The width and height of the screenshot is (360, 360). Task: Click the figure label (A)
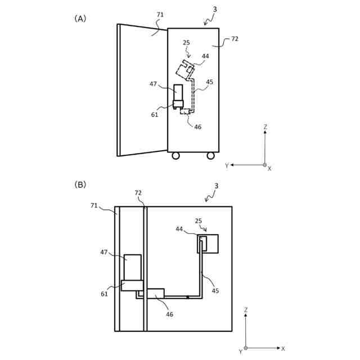pyautogui.click(x=80, y=19)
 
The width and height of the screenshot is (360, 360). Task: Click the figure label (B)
pyautogui.click(x=80, y=184)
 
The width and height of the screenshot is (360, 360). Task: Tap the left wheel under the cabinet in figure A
pyautogui.click(x=175, y=156)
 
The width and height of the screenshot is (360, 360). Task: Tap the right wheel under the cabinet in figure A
pyautogui.click(x=210, y=156)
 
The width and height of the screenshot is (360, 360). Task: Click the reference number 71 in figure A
pyautogui.click(x=160, y=15)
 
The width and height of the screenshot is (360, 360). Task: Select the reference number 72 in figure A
pyautogui.click(x=235, y=39)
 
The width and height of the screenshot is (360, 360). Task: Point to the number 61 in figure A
pyautogui.click(x=155, y=115)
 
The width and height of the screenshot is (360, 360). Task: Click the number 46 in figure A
pyautogui.click(x=197, y=127)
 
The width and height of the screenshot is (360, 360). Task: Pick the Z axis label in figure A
pyautogui.click(x=265, y=127)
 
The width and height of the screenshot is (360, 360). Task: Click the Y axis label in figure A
pyautogui.click(x=227, y=165)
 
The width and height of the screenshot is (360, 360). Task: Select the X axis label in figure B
pyautogui.click(x=283, y=349)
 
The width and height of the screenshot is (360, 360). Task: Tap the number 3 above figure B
pyautogui.click(x=216, y=186)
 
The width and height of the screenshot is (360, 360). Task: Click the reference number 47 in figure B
pyautogui.click(x=104, y=253)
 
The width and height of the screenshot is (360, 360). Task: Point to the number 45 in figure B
pyautogui.click(x=215, y=291)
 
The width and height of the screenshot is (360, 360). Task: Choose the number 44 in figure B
pyautogui.click(x=179, y=229)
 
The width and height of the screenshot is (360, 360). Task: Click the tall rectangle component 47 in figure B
pyautogui.click(x=133, y=267)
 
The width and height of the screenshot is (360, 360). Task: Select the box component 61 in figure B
pyautogui.click(x=132, y=285)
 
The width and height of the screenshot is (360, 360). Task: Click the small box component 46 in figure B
pyautogui.click(x=155, y=293)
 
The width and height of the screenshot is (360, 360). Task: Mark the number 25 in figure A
pyautogui.click(x=186, y=43)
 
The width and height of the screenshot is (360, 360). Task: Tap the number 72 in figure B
pyautogui.click(x=138, y=193)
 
